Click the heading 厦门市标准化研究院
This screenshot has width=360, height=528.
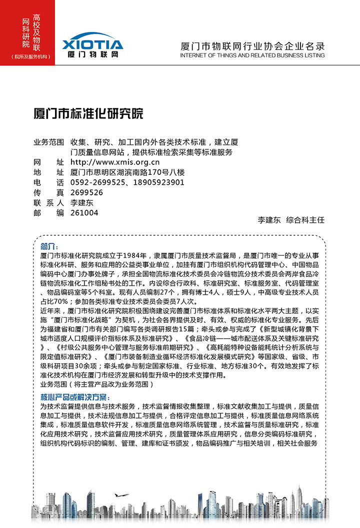click(88, 114)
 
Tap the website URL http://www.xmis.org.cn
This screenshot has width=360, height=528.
click(115, 162)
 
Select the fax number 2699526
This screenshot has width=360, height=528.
click(87, 192)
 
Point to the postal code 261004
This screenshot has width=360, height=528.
click(84, 213)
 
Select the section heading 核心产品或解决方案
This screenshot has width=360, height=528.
click(74, 397)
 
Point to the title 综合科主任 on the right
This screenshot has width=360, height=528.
click(305, 220)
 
